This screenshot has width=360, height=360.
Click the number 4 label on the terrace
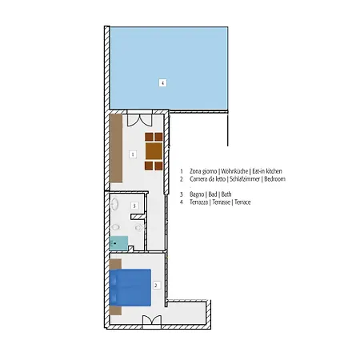pyautogui.click(x=162, y=82)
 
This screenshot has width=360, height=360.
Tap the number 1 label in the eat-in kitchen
pyautogui.click(x=133, y=154)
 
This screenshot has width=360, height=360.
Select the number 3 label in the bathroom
pyautogui.click(x=134, y=206)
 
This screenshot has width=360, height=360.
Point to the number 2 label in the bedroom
pyautogui.click(x=156, y=286)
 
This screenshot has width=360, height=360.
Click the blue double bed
pyautogui.click(x=130, y=287)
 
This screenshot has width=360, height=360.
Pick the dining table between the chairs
pyautogui.click(x=154, y=151)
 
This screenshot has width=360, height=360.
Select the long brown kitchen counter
pyautogui.click(x=116, y=148)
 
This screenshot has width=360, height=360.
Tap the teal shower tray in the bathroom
pyautogui.click(x=118, y=243)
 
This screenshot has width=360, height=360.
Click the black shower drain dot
pyautogui.click(x=115, y=243)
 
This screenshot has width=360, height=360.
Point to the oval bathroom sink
pyautogui.click(x=114, y=204)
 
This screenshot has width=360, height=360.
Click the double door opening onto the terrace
pyautogui.click(x=140, y=120)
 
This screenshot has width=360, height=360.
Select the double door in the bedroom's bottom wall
pyautogui.click(x=152, y=320)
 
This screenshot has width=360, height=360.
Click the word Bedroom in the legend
pyautogui.click(x=274, y=179)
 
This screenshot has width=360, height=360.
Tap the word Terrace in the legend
pyautogui.click(x=242, y=202)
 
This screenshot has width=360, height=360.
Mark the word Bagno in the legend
pyautogui.click(x=197, y=194)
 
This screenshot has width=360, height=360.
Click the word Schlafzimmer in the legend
pyautogui.click(x=245, y=179)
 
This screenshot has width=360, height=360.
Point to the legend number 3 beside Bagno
pyautogui.click(x=182, y=194)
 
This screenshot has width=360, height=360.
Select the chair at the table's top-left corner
pyautogui.click(x=149, y=137)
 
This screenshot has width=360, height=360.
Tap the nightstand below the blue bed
pyautogui.click(x=116, y=310)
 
